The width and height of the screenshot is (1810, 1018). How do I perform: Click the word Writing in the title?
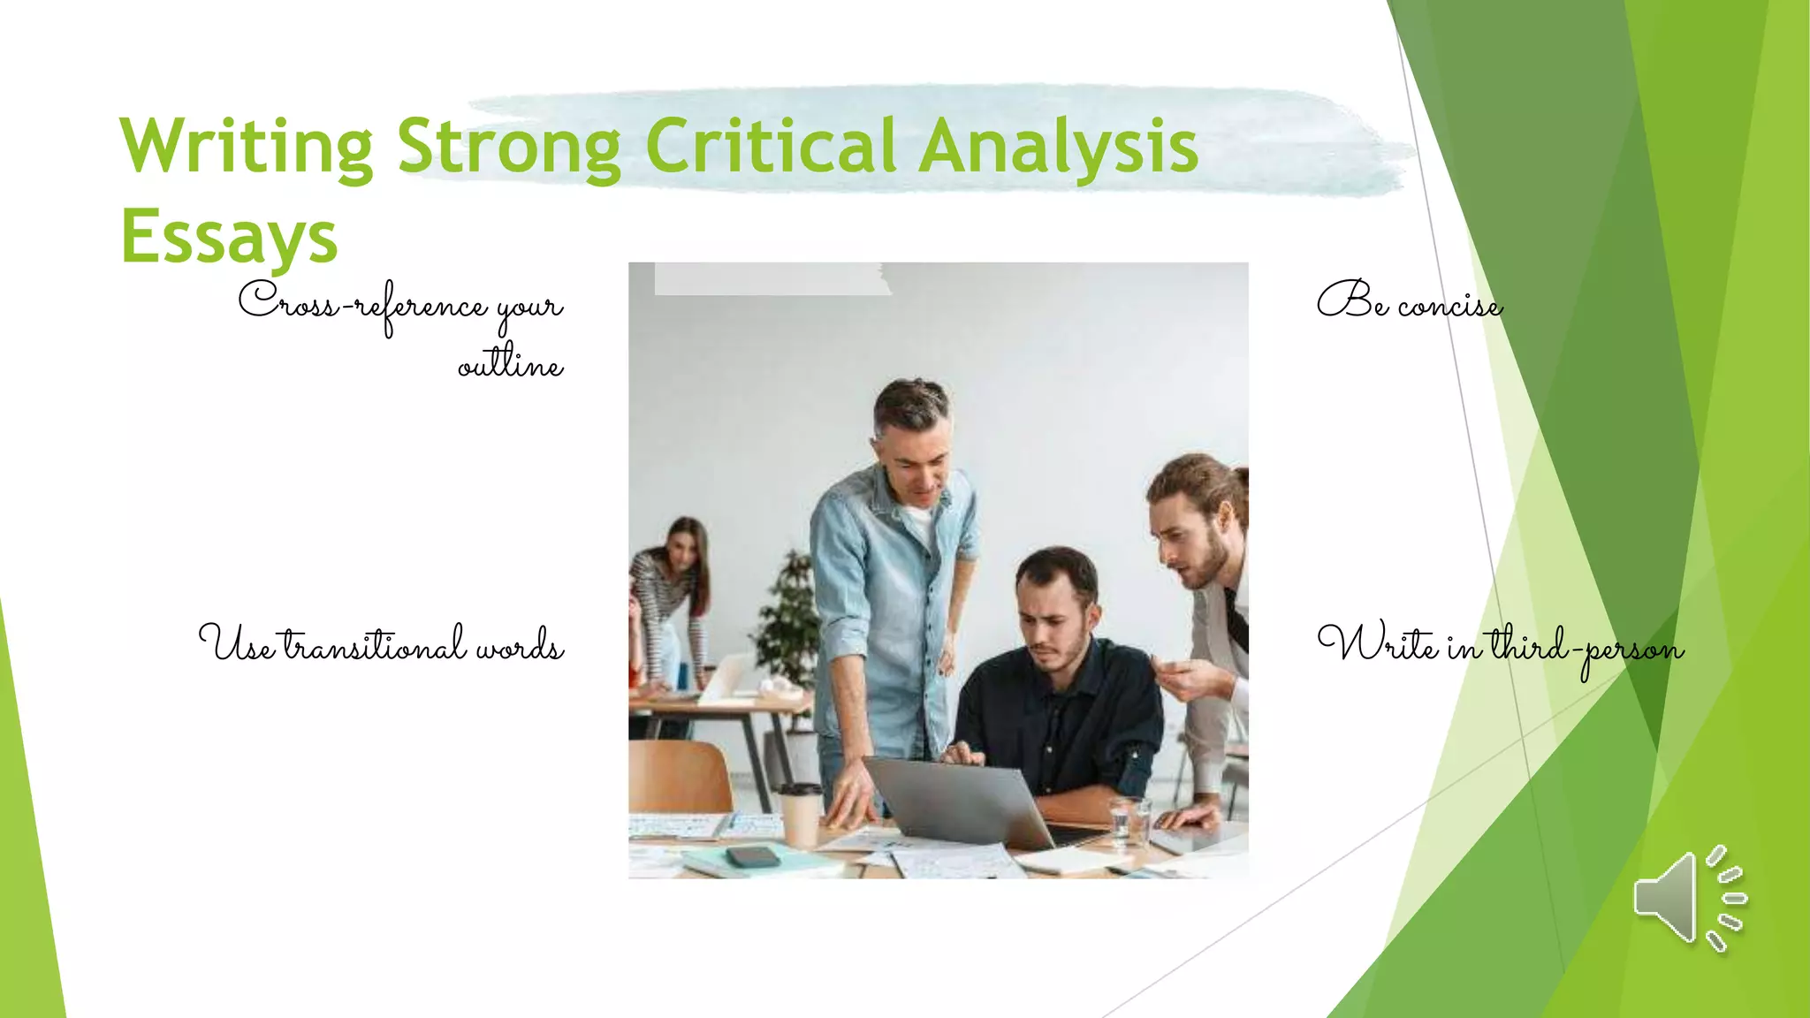[x=247, y=146]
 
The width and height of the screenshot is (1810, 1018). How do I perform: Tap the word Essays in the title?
[x=229, y=236]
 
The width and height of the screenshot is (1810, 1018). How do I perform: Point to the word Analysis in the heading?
[x=1058, y=146]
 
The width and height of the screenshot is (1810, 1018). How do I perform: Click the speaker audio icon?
[x=1688, y=898]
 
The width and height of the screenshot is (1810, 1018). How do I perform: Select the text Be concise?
[x=1410, y=302]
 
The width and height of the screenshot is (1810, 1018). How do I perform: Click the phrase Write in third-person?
[x=1500, y=646]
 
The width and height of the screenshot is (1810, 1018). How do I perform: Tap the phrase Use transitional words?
[x=381, y=644]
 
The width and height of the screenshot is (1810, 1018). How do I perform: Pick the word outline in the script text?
[x=510, y=362]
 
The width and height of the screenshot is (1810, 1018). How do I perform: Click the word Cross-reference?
[x=362, y=304]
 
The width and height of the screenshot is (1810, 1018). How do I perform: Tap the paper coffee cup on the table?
[x=801, y=815]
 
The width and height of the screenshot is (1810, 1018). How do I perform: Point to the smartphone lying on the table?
[x=752, y=855]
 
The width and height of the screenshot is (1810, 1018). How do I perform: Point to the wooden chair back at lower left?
[x=679, y=775]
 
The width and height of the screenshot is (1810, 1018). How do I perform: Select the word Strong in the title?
[x=509, y=146]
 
